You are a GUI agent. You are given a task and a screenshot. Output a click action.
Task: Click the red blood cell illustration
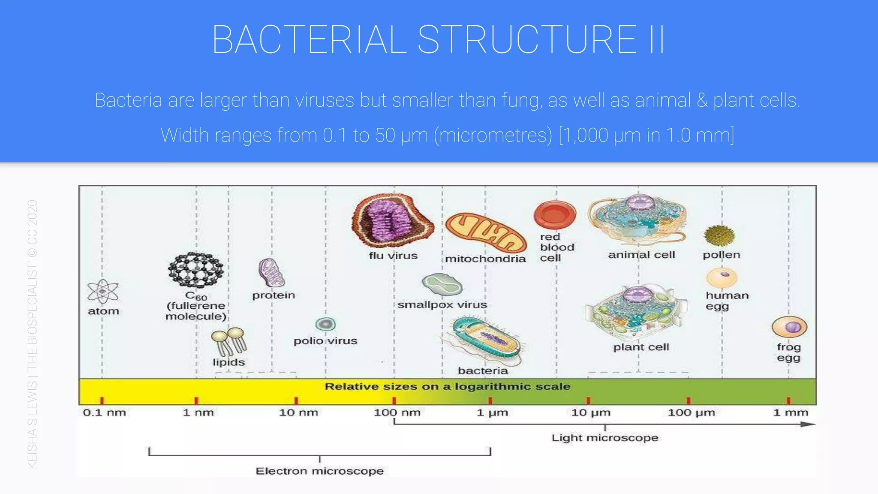[x=555, y=215]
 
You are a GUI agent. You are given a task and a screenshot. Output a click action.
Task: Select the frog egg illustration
[x=789, y=327]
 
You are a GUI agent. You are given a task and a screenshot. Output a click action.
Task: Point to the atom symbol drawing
[x=102, y=292]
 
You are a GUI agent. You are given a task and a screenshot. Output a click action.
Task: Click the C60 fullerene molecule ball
[x=195, y=270]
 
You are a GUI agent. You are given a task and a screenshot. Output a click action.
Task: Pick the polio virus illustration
[x=325, y=324]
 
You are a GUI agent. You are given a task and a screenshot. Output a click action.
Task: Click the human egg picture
[x=722, y=277]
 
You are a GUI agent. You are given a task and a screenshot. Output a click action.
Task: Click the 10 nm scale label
[x=298, y=413]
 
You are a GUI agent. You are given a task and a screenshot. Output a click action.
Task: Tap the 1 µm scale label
[x=492, y=413]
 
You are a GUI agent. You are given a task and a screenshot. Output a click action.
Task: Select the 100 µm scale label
[x=691, y=413]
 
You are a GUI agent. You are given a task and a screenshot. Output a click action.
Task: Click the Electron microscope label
[x=319, y=471]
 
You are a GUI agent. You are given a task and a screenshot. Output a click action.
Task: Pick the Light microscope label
[x=604, y=438]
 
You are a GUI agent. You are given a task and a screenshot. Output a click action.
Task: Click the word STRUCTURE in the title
[x=527, y=39]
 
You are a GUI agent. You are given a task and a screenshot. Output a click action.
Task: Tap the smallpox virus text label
[x=442, y=305]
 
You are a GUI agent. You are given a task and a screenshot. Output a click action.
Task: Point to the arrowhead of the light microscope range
[x=809, y=424]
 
